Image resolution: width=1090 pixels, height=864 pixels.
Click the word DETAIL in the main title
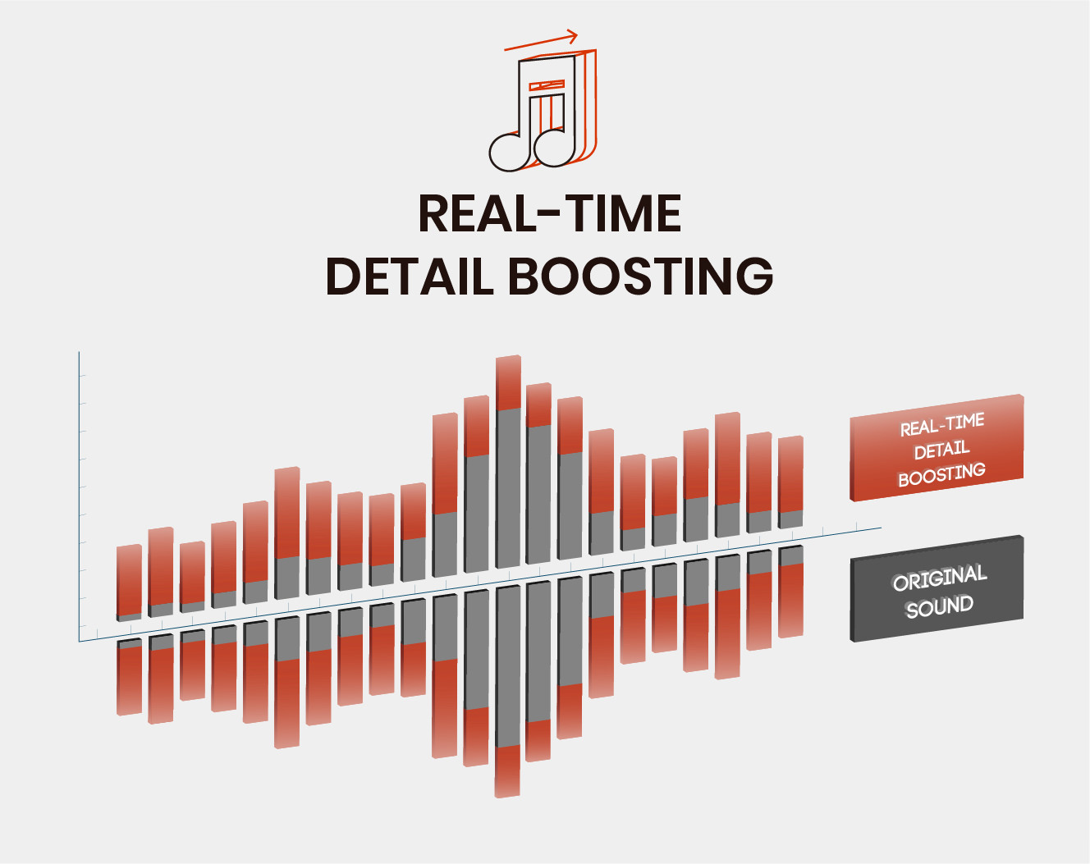coord(410,276)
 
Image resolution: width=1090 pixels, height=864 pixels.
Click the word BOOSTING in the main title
coord(641,276)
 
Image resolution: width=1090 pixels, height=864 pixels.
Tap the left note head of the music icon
coord(510,153)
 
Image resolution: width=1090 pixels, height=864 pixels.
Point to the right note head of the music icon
coord(555,149)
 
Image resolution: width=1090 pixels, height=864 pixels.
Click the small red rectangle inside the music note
coord(547,85)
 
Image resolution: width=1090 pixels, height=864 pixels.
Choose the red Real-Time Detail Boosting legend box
coord(937,448)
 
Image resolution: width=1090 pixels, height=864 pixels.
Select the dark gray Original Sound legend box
coord(937,589)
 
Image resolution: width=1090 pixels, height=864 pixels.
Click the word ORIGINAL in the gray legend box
coord(940,578)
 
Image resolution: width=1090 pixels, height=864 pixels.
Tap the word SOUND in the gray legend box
coord(940,606)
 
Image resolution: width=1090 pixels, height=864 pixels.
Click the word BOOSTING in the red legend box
coord(941,475)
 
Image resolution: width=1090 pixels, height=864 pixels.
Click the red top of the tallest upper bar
coord(508,382)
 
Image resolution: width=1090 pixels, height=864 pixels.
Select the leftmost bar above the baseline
coord(129,583)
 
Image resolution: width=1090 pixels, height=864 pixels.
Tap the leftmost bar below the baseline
coord(129,677)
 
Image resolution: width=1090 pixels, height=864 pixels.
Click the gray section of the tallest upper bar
coord(508,488)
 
